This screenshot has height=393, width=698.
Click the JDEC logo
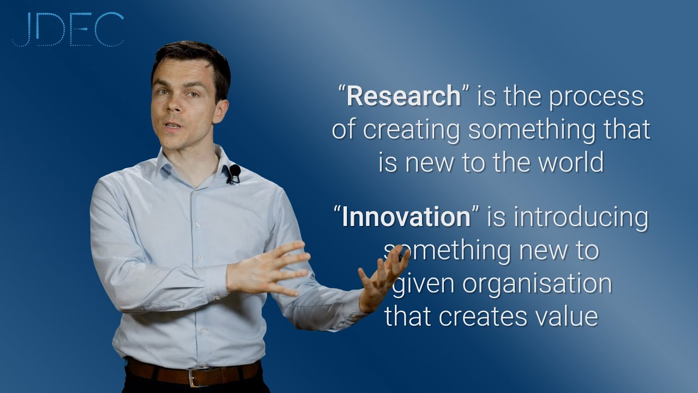click(68, 29)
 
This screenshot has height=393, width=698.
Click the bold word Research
click(404, 97)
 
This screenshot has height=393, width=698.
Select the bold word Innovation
click(406, 217)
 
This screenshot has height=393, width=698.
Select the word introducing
click(581, 217)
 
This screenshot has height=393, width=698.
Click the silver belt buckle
click(197, 377)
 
